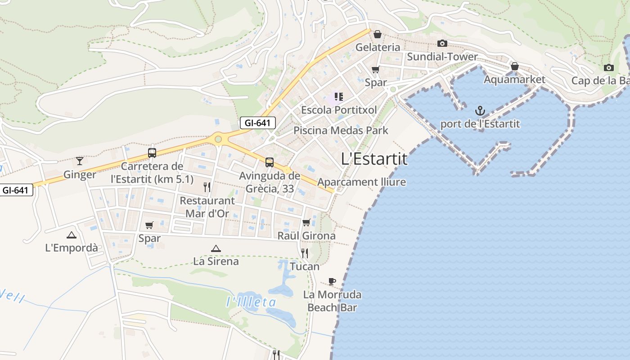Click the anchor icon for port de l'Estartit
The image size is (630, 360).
click(480, 110)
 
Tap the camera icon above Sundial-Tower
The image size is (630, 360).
click(442, 43)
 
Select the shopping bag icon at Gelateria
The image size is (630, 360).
click(378, 34)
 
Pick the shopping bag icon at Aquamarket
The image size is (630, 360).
click(515, 67)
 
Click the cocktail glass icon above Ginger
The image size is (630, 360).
click(80, 161)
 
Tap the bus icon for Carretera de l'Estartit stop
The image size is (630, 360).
click(152, 153)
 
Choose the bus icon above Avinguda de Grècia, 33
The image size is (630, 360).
click(270, 162)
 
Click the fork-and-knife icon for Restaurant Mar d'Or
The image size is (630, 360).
click(207, 187)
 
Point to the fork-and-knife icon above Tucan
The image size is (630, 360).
click(305, 253)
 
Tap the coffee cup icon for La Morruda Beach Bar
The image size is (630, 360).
click(332, 282)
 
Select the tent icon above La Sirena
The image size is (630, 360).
click(216, 248)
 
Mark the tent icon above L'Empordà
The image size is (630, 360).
click(71, 235)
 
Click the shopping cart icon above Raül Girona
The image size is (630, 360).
click(306, 222)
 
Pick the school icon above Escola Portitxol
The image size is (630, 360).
click(339, 96)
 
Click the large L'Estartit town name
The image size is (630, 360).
click(374, 159)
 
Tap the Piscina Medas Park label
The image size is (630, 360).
click(341, 130)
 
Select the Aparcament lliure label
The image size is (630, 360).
click(362, 182)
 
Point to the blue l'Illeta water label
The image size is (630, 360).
click(251, 302)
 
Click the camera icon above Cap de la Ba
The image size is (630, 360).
click(609, 68)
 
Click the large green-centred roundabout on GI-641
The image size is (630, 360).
click(218, 139)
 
